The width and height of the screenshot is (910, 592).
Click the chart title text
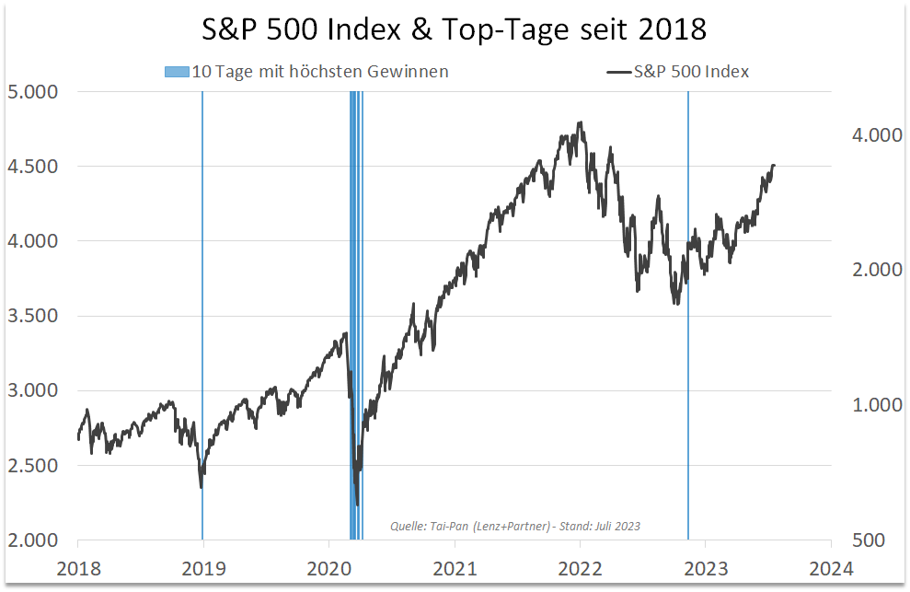[455, 29]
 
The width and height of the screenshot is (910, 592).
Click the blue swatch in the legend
[177, 72]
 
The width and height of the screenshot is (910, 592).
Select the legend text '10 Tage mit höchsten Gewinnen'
[319, 72]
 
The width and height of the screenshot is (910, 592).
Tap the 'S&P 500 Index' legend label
[691, 72]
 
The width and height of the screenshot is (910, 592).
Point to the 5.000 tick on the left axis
[32, 92]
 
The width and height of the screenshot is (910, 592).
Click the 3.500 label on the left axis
[32, 316]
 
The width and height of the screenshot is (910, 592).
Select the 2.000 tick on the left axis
[32, 540]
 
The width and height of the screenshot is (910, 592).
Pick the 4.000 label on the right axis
[870, 135]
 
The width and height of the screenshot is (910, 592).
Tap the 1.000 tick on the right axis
[870, 405]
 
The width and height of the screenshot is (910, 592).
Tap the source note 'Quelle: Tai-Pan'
[514, 527]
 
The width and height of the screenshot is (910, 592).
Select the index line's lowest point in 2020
[357, 504]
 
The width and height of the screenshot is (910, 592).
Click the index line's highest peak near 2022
[580, 122]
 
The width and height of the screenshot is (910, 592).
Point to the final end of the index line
[775, 166]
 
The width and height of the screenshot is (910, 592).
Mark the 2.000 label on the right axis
[870, 271]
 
